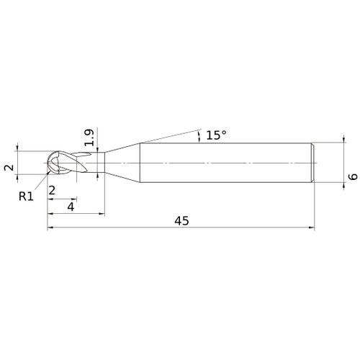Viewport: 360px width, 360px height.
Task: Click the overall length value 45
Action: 181,221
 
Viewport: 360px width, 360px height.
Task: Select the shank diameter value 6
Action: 353,176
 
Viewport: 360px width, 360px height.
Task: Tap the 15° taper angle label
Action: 216,135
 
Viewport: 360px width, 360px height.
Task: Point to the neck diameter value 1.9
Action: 89,138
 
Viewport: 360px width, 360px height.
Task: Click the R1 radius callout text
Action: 26,197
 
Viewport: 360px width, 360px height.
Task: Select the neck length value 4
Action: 71,207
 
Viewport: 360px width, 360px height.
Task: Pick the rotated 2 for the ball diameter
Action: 9,167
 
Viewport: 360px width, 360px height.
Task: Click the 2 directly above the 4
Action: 52,191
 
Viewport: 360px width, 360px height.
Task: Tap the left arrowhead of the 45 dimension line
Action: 50,227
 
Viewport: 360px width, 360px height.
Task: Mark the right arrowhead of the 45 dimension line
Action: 312,227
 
